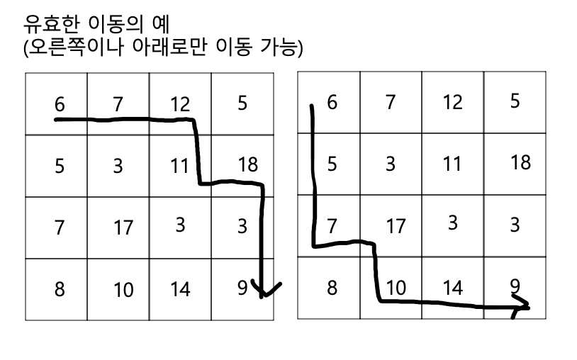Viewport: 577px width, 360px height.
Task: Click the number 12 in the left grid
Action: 180,105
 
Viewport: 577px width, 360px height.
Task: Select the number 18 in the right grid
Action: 520,162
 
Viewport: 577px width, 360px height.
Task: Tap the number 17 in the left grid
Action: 123,228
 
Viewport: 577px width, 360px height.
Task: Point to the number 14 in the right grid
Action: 452,288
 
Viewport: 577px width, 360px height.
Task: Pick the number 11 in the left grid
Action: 179,167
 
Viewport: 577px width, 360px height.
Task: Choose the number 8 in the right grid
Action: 332,288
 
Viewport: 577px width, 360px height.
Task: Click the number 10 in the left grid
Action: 123,290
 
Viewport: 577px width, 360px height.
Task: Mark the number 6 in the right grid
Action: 332,102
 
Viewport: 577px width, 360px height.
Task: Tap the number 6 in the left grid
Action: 60,105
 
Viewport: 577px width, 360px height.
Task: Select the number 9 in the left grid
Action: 242,288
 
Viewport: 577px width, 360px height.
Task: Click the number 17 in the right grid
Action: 396,226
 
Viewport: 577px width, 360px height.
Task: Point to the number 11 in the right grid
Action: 452,164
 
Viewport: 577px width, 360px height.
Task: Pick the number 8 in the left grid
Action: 60,289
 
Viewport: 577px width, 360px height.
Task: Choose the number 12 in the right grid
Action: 452,102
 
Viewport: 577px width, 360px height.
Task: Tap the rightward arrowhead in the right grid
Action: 522,308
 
